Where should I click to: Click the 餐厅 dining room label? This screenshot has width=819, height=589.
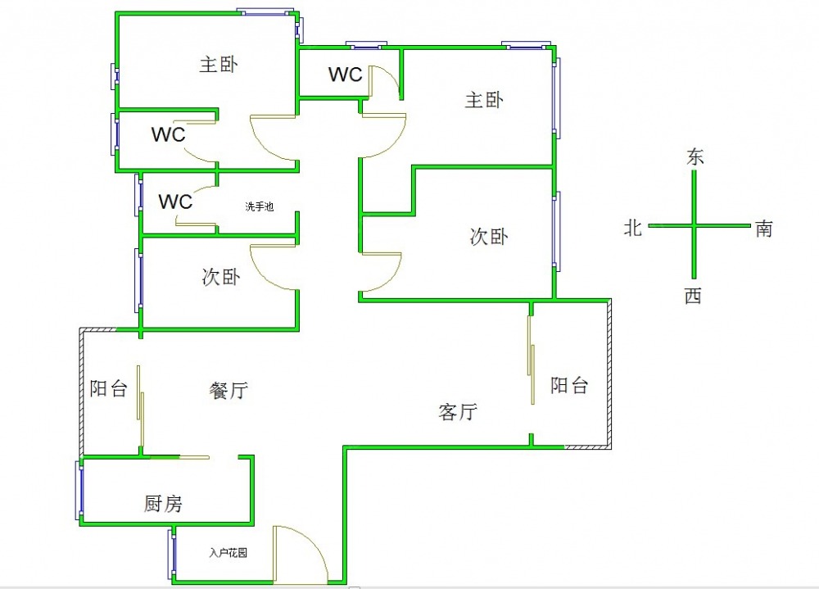coord(228,392)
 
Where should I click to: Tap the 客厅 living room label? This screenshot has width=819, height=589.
coord(458,412)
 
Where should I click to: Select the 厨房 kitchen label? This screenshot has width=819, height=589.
coord(163,505)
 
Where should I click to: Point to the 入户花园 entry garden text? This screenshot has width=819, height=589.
coord(228,553)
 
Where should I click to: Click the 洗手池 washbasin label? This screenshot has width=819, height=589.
coord(259,206)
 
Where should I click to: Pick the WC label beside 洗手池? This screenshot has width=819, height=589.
coord(174,202)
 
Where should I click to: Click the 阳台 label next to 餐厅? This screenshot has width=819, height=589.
coord(108,388)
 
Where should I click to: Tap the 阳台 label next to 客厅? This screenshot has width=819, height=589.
coord(568,385)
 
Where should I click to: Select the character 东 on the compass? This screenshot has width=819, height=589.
coord(695,157)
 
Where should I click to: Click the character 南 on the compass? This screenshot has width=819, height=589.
coord(763,229)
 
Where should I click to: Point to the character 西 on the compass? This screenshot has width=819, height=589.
coord(693,297)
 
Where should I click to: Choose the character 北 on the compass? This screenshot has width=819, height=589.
coord(633,229)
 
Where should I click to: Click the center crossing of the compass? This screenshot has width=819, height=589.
coord(695,225)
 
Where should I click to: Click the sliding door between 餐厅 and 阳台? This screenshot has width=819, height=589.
coord(141,406)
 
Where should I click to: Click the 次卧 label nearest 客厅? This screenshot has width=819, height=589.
coord(489,237)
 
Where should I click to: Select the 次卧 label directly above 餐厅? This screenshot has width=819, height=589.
coord(220,277)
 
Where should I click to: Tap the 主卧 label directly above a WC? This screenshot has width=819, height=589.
coord(219,64)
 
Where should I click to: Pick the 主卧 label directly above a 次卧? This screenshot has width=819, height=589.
coord(484,100)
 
